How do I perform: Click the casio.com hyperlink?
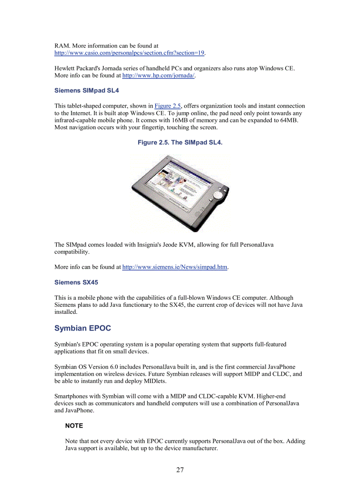129,53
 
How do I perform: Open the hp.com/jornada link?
158,76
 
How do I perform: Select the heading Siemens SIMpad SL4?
86,90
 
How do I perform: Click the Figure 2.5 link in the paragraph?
168,106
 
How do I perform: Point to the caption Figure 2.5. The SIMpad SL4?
180,142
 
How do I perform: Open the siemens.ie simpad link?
175,267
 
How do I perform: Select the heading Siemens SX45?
76,282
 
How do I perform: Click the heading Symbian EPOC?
82,328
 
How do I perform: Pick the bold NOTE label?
74,426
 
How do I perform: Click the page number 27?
180,470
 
